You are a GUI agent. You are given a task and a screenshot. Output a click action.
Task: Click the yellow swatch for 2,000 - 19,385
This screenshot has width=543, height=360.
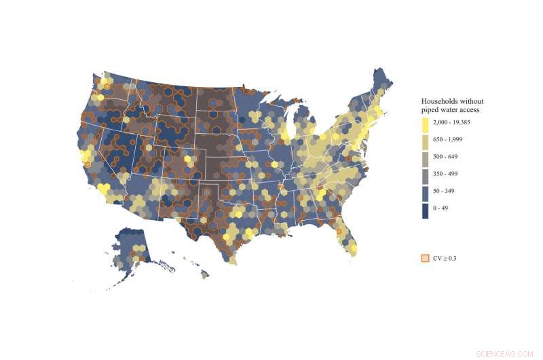tap(425, 125)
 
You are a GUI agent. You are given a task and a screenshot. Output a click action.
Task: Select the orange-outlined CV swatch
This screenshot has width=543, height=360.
tap(425, 258)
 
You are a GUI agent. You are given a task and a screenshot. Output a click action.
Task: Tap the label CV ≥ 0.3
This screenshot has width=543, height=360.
tap(445, 258)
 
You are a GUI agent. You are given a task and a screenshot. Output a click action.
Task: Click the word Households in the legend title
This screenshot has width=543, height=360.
tap(441, 101)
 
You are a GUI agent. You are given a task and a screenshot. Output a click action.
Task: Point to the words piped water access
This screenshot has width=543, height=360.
tap(451, 109)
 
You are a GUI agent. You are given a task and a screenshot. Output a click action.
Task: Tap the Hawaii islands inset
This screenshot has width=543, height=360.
tap(197, 268)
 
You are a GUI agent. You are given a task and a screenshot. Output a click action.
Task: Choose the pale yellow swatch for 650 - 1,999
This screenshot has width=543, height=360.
tap(425, 141)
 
